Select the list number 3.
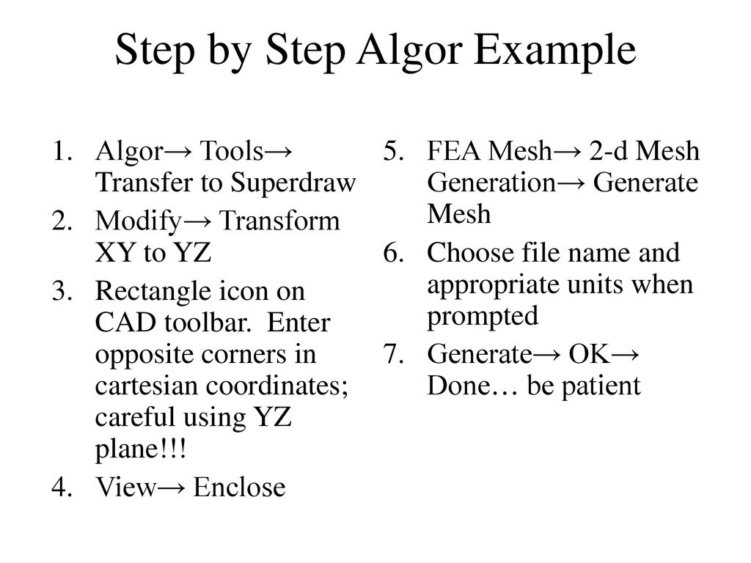tap(62, 292)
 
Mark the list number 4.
tap(62, 486)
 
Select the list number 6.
tap(393, 253)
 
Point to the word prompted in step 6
tap(482, 316)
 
